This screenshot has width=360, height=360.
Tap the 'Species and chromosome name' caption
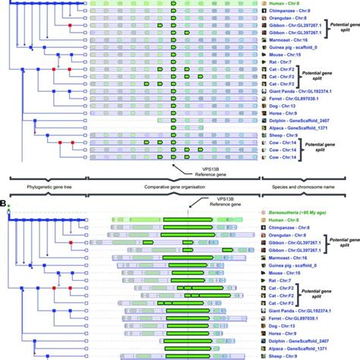click(x=310, y=185)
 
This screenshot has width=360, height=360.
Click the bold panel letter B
click(x=5, y=204)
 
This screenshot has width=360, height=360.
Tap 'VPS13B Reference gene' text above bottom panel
click(x=208, y=202)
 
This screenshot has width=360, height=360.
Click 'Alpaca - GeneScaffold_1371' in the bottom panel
click(x=302, y=352)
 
